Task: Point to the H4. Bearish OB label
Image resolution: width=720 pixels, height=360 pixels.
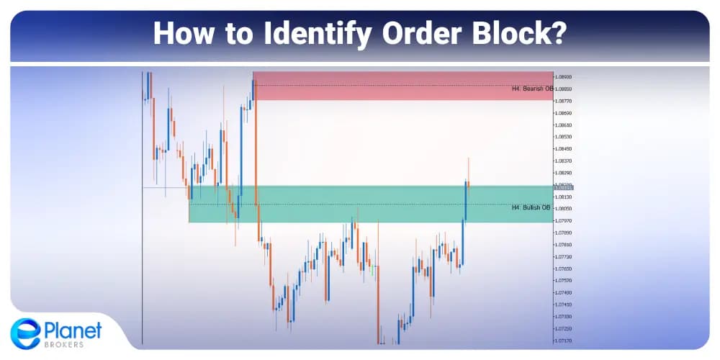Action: coord(532,89)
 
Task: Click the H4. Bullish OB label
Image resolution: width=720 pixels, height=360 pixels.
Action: coord(532,207)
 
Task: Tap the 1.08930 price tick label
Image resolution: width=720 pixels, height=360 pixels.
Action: coord(564,76)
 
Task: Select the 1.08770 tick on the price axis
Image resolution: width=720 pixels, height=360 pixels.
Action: coord(564,101)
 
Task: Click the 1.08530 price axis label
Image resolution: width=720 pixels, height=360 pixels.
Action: coord(564,137)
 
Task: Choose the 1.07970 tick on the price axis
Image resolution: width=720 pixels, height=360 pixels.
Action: coord(564,221)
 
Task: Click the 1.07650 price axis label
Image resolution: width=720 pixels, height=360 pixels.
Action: coord(564,269)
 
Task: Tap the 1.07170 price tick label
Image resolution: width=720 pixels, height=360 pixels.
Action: coord(564,341)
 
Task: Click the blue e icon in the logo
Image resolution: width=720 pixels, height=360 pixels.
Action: coord(26,334)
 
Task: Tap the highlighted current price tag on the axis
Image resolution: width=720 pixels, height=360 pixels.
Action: coord(564,188)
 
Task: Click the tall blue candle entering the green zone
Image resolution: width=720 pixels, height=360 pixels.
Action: coord(465,202)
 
